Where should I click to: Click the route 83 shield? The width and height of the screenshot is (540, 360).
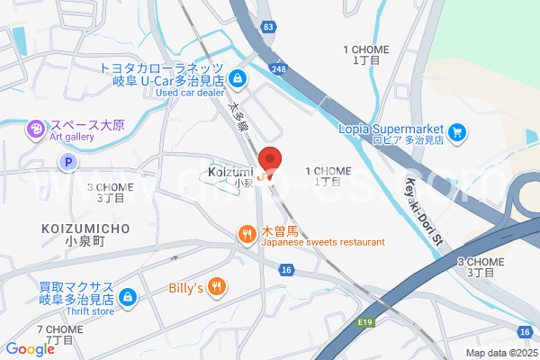tap(269, 28)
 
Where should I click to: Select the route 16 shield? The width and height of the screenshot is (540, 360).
tap(286, 270)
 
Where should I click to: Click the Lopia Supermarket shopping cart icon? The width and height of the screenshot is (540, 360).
tap(457, 133)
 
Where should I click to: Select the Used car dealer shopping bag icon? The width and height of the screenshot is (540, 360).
tap(236, 79)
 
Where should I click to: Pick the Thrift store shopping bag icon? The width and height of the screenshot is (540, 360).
tap(128, 295)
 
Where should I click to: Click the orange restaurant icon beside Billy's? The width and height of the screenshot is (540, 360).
tap(216, 288)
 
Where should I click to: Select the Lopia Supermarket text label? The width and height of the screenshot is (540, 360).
tap(393, 127)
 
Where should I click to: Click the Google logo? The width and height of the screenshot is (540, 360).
tap(30, 349)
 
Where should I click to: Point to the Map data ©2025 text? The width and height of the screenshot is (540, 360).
tap(499, 353)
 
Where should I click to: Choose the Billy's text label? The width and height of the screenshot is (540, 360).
tap(186, 289)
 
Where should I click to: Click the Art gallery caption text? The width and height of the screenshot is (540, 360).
tap(72, 138)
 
